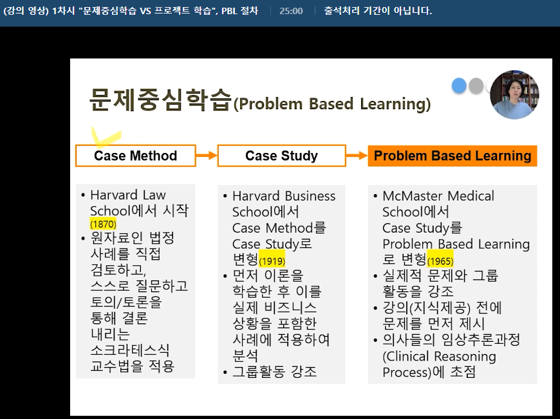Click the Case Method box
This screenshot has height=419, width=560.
(135, 156)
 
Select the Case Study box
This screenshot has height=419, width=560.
(281, 156)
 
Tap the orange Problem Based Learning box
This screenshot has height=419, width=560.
(453, 156)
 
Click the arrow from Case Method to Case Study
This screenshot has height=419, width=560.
(207, 155)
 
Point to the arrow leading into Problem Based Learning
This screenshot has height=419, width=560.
(357, 155)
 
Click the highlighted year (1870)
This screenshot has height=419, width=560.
(103, 224)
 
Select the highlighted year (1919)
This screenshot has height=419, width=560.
(272, 261)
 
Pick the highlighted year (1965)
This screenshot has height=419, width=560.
(440, 261)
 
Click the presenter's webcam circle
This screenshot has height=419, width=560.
(514, 94)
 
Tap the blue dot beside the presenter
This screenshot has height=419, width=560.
(459, 86)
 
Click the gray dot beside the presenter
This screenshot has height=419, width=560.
(476, 86)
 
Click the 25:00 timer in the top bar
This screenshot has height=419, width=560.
(291, 11)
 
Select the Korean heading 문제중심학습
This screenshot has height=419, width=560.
(160, 100)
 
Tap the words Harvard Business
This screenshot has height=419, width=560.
(284, 196)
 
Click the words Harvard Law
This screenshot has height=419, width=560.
(128, 195)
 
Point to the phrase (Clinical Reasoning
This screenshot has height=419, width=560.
(439, 356)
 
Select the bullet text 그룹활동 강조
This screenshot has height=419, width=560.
(274, 371)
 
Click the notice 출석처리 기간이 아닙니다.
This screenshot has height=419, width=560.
(378, 11)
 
